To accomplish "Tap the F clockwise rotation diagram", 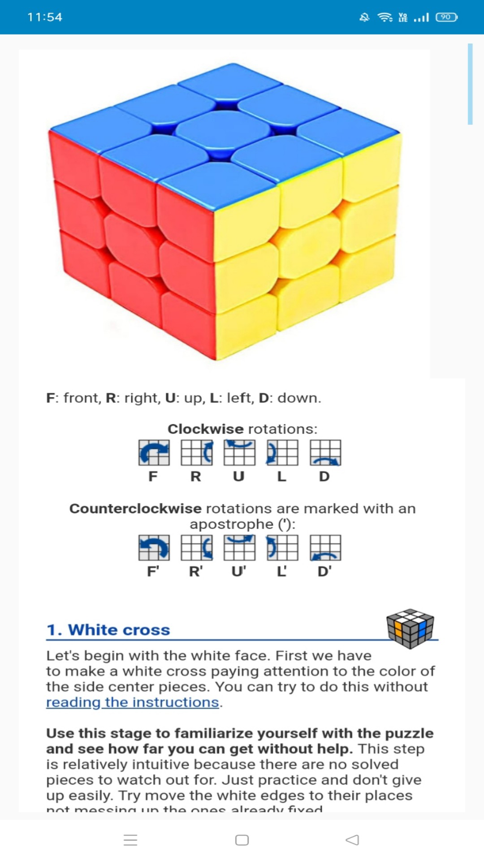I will pos(154,452).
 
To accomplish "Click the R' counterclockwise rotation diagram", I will pos(196,547).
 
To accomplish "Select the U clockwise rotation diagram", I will pos(239,452).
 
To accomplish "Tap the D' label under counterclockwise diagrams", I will pos(324,572).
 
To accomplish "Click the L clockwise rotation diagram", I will pos(282,452).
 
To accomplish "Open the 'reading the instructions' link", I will pos(133,702).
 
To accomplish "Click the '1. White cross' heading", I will pos(108,630).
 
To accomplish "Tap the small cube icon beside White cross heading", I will pos(410,628).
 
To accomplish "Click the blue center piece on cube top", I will pos(223,131).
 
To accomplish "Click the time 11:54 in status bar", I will pos(45,17).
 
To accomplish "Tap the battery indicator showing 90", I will pos(446,17).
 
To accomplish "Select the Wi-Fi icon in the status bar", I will pos(385,17).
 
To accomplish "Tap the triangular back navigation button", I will pos(353,840).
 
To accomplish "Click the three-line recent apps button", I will pos(130,840).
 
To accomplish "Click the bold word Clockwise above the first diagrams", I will pos(205,429).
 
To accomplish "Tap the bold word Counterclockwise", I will pos(135,509).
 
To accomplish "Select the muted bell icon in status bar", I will pos(364,17).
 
